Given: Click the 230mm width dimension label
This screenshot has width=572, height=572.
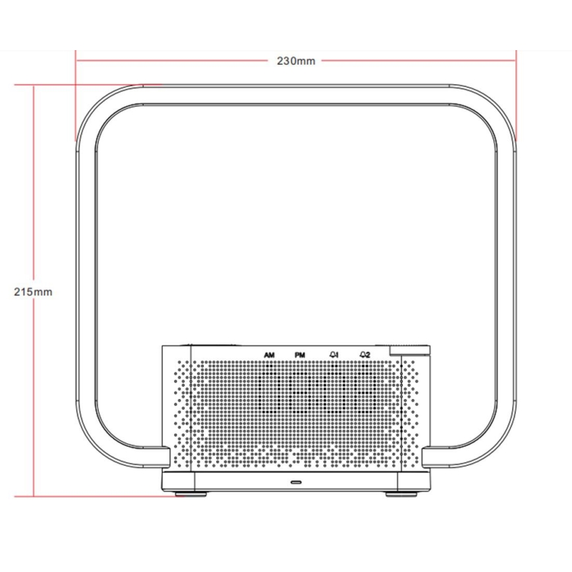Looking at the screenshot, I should tap(296, 61).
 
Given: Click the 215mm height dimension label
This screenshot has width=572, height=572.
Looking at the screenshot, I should tap(33, 292).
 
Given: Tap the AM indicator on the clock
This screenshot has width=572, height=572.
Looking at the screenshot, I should tap(269, 356).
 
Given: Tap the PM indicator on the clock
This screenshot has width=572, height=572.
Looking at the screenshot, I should tap(300, 356).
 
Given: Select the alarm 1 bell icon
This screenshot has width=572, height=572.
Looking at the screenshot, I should tap(334, 356).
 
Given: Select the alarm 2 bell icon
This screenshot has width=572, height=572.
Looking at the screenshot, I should tap(365, 356).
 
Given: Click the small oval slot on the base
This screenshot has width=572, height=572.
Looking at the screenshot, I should tap(296, 482).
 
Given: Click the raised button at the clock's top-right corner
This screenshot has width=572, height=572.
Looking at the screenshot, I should tap(409, 351).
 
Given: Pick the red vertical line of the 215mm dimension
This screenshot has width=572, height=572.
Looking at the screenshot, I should tap(33, 395).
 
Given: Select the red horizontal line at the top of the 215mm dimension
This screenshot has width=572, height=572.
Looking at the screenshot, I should tap(86, 84).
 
